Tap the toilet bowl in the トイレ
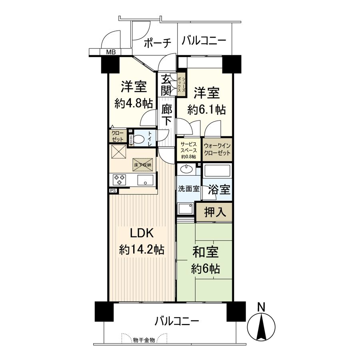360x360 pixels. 139,139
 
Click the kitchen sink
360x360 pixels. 146,180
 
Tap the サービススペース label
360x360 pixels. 188,149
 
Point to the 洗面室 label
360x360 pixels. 189,189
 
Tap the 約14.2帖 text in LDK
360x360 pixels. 141,250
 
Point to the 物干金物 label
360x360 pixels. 144,340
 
